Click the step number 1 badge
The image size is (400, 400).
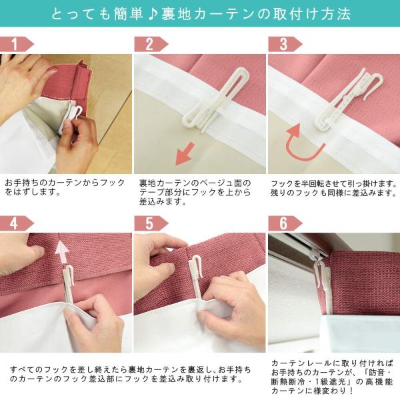pos(16,44)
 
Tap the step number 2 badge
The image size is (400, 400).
pos(151,44)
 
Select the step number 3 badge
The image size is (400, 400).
pos(285,44)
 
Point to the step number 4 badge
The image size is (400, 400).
pos(16,223)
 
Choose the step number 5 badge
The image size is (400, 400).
pos(151,223)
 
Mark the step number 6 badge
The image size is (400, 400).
pos(285,223)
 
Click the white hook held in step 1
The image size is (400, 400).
pos(74,116)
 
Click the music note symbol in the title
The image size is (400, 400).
pos(152,14)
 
